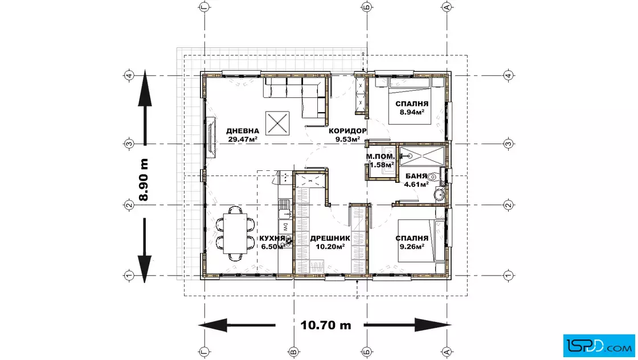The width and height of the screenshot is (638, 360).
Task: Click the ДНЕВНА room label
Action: click(243, 131)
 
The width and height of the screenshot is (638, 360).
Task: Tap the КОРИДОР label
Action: click(347, 131)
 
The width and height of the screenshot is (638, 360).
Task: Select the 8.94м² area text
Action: click(412, 112)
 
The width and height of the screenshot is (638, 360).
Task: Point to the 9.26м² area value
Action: click(412, 246)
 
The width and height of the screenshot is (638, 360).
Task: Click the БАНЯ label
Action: click(416, 176)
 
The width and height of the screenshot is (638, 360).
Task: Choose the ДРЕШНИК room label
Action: click(330, 238)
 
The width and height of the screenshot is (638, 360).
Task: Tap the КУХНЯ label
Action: click(272, 238)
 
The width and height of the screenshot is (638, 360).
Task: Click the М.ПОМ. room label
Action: click(381, 157)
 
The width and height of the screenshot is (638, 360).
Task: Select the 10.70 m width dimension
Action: click(325, 325)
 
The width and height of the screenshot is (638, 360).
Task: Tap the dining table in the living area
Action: click(235, 234)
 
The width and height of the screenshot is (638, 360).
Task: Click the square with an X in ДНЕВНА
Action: click(277, 123)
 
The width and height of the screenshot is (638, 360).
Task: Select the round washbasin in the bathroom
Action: click(439, 194)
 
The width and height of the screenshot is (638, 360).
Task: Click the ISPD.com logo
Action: click(599, 346)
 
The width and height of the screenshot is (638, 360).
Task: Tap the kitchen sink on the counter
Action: click(284, 203)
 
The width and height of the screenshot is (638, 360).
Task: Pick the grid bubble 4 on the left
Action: click(129, 75)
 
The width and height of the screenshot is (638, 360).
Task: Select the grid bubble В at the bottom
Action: click(293, 351)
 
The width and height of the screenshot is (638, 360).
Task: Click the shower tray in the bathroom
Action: click(422, 156)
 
